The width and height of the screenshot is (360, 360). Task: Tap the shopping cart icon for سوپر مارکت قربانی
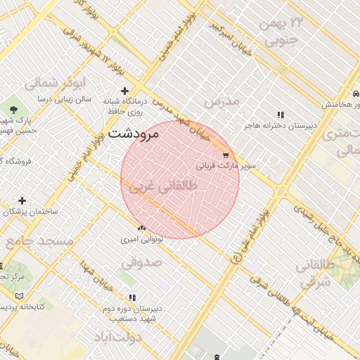tap(225, 155)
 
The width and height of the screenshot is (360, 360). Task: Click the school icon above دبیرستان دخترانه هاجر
tap(281, 115)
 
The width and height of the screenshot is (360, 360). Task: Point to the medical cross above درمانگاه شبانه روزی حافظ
tap(125, 91)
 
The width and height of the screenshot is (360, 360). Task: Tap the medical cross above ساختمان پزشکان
tap(22, 201)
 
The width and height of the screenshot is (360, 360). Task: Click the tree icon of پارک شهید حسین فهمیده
tap(13, 108)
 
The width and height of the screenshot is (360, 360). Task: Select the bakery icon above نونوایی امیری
tap(142, 228)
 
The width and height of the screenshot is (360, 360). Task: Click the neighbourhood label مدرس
tap(221, 101)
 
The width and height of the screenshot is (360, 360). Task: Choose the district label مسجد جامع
tap(40, 241)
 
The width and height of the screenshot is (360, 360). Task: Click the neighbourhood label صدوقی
tap(141, 262)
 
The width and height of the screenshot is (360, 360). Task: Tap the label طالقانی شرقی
tap(314, 274)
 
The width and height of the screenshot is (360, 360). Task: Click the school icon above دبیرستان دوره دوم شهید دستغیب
tap(133, 298)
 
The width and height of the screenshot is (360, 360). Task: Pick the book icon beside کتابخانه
tap(19, 295)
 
